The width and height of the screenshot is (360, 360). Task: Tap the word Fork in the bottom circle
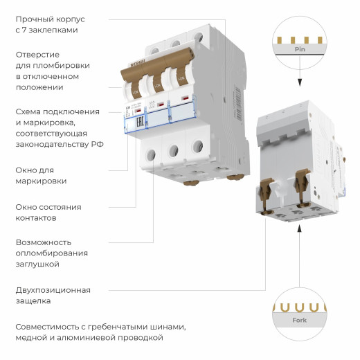tap(300, 320)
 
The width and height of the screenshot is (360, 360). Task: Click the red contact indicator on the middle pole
tap(161, 105)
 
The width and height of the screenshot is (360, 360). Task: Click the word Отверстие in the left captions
tap(37, 54)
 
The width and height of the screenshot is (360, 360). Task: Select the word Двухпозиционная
tap(53, 290)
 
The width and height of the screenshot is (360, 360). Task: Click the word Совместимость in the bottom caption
tap(51, 326)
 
